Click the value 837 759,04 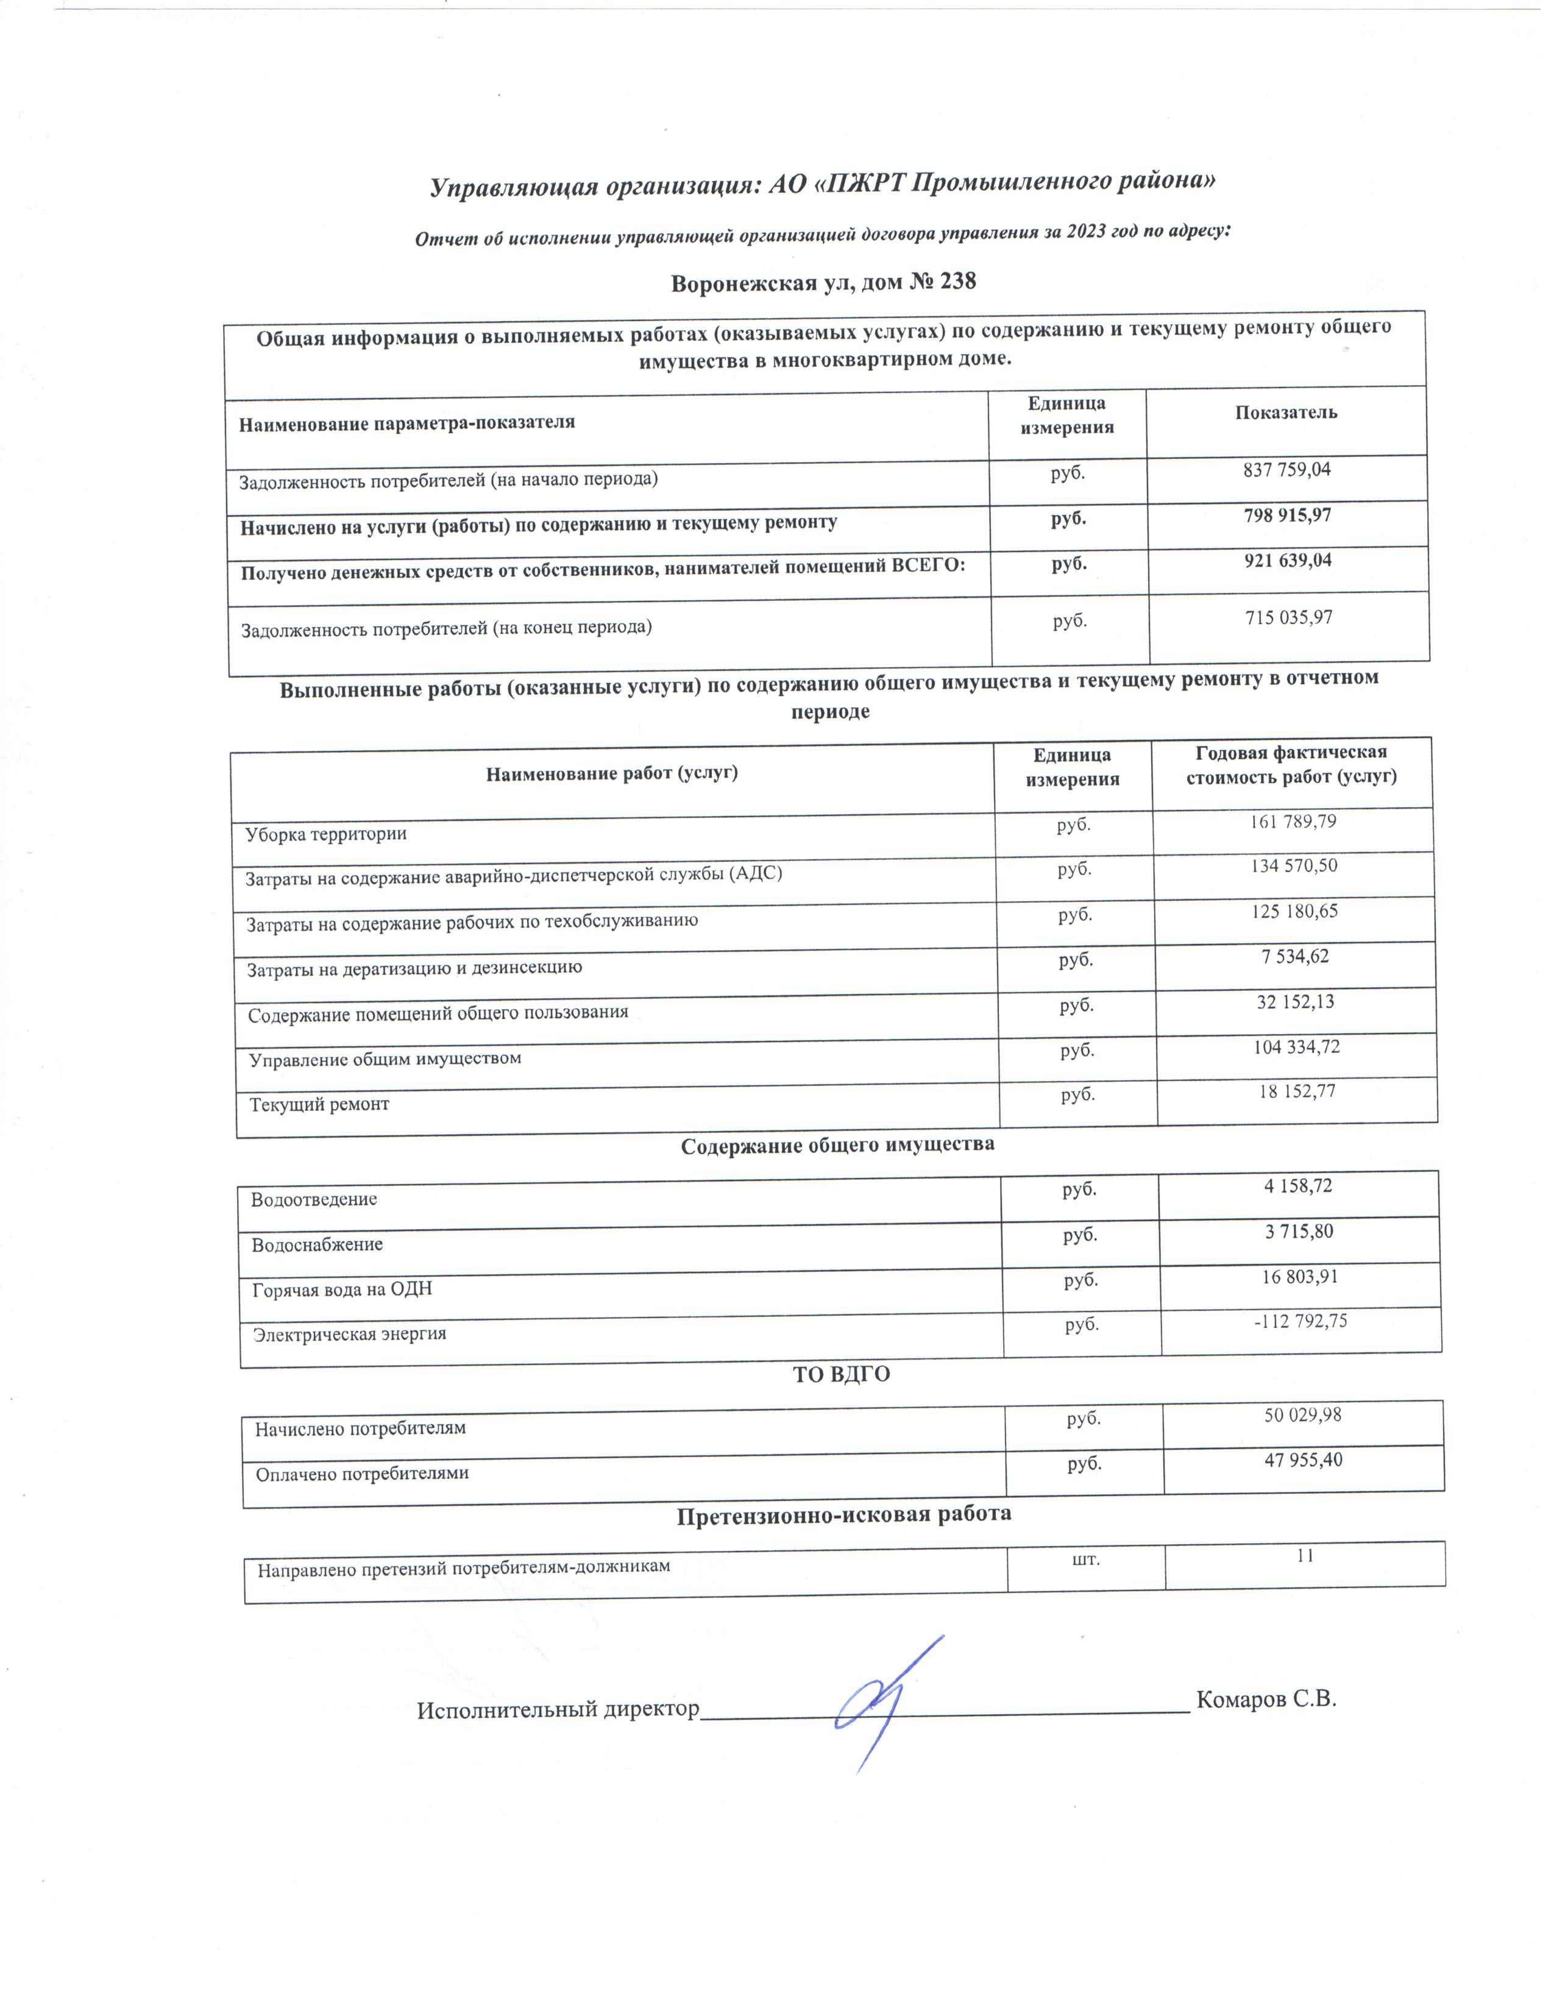pyautogui.click(x=1286, y=470)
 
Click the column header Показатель pyautogui.click(x=1285, y=413)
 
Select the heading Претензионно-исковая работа pyautogui.click(x=843, y=1515)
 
